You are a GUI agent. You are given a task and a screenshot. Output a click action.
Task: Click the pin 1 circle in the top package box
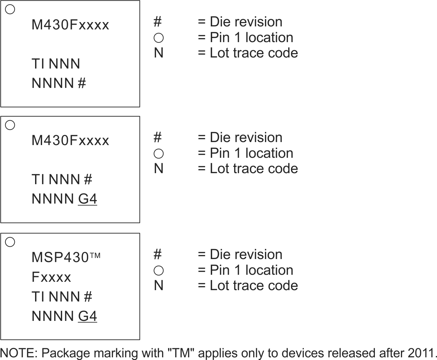(10, 9)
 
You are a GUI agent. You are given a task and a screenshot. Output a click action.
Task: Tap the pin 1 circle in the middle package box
(10, 125)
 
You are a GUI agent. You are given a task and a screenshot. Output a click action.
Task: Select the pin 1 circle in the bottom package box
(10, 242)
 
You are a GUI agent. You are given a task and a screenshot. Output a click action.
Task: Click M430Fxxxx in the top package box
(70, 25)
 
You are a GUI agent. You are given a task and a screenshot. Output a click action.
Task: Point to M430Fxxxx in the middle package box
(70, 141)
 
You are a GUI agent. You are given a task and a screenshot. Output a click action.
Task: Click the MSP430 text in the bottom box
(60, 258)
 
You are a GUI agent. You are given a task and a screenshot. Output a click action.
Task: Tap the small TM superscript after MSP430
(95, 256)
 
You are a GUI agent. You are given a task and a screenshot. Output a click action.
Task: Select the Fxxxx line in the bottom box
(51, 277)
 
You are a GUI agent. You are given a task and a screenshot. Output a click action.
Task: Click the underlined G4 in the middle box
(88, 199)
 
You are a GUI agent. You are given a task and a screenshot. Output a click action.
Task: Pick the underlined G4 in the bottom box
(88, 316)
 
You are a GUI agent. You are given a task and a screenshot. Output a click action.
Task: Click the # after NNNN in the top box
(82, 83)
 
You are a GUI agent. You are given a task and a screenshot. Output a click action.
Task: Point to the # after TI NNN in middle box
(88, 180)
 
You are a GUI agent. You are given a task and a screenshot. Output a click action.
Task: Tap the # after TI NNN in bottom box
(88, 297)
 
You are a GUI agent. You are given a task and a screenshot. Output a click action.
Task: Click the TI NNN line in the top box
(56, 64)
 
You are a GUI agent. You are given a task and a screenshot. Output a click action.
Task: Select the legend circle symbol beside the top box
(159, 38)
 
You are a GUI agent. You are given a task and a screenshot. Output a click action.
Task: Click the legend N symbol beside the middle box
(159, 168)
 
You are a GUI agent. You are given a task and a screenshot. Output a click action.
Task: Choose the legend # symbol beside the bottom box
(158, 255)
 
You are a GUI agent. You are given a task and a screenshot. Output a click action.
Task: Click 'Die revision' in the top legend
(246, 22)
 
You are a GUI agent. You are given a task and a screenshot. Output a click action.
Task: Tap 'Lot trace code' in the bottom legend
(254, 286)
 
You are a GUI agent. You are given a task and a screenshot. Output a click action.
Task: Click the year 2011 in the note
(422, 353)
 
